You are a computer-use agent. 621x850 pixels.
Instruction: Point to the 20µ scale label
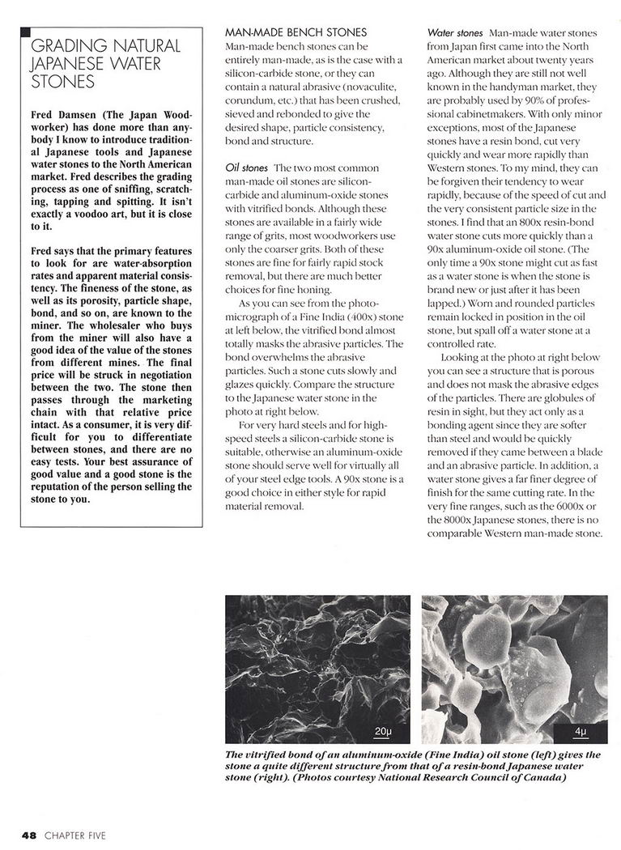383,733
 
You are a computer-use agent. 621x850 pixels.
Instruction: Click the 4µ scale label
580,733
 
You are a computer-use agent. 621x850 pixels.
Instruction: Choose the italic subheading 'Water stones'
455,33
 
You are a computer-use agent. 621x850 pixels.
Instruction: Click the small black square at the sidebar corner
25,32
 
